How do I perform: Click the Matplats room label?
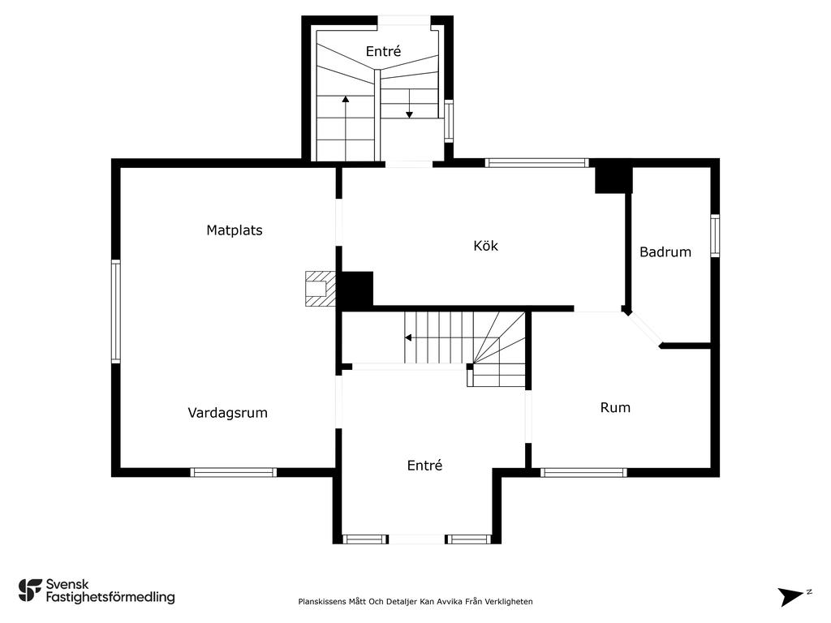pos(235,230)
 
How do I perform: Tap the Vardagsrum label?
pos(227,413)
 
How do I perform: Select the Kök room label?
pos(485,245)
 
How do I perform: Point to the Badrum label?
pos(665,251)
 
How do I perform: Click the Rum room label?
pos(615,407)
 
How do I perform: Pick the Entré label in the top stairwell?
pos(383,51)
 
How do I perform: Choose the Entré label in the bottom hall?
pos(424,465)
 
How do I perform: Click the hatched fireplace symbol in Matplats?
pos(321,289)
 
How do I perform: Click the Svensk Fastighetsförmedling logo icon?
pos(30,591)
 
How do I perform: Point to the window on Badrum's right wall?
pos(715,236)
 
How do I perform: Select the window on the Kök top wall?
pos(536,162)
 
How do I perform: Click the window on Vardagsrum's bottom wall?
pos(234,472)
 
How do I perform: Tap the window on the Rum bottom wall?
pos(583,472)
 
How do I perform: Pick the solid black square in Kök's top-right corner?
pos(614,180)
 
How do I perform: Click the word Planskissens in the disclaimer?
pos(322,601)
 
